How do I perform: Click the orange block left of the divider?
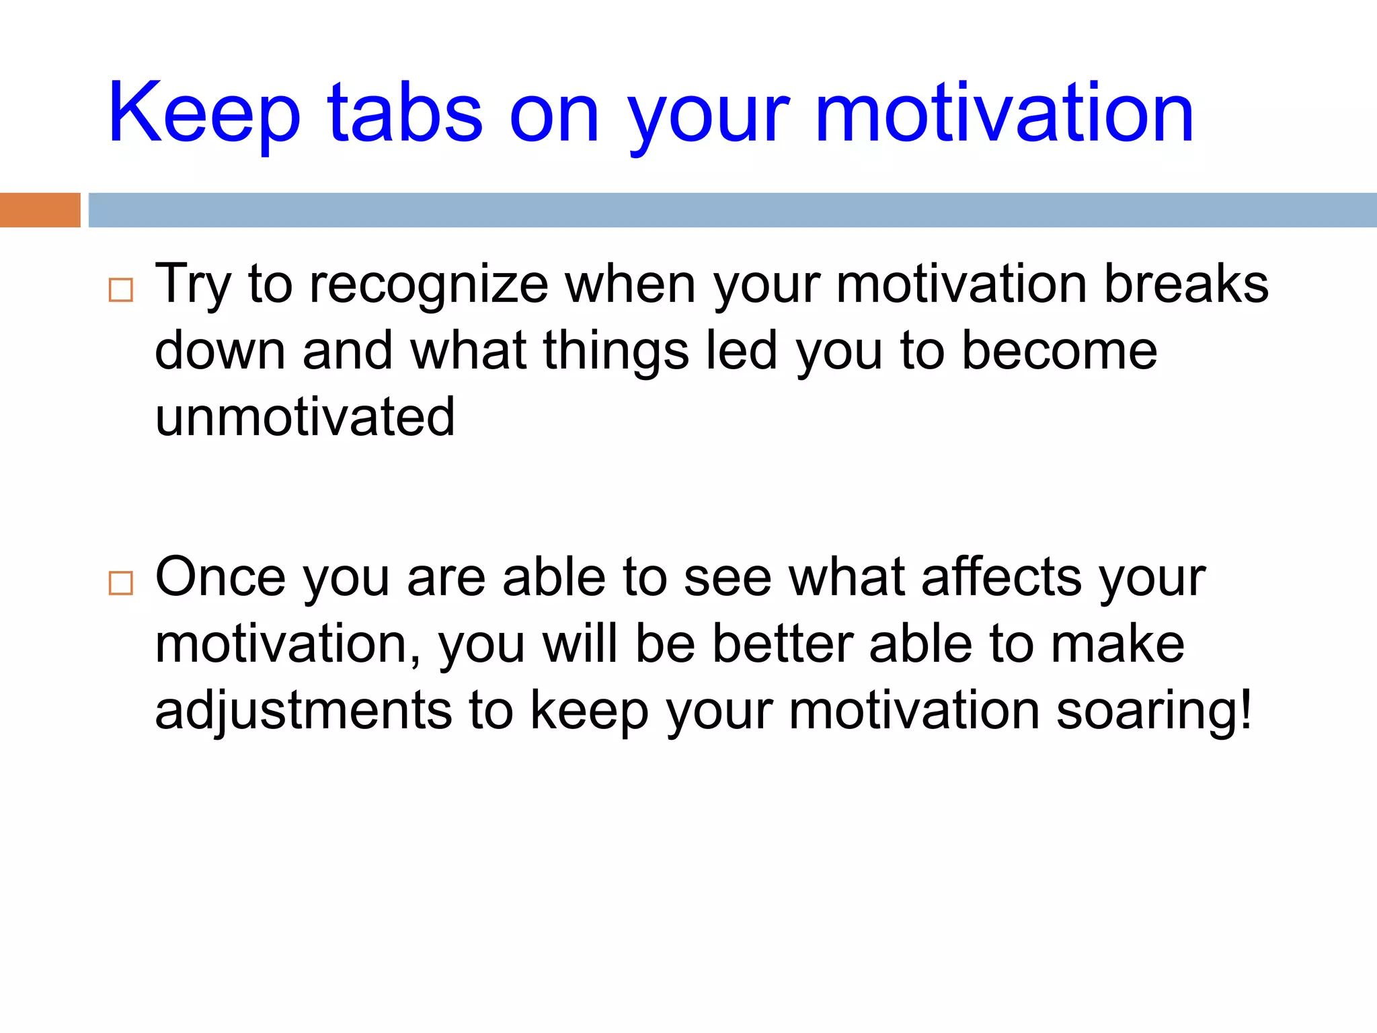coord(40,210)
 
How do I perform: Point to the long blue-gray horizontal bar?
coord(732,210)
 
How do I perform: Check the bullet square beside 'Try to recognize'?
coord(121,290)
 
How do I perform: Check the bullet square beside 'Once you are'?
coord(121,582)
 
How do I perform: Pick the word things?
coord(616,352)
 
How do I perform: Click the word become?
coord(1060,351)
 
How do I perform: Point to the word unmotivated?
coord(305,417)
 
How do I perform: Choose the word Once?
coord(221,577)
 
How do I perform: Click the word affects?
coord(1002,577)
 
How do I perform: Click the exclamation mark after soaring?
coord(1246,710)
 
